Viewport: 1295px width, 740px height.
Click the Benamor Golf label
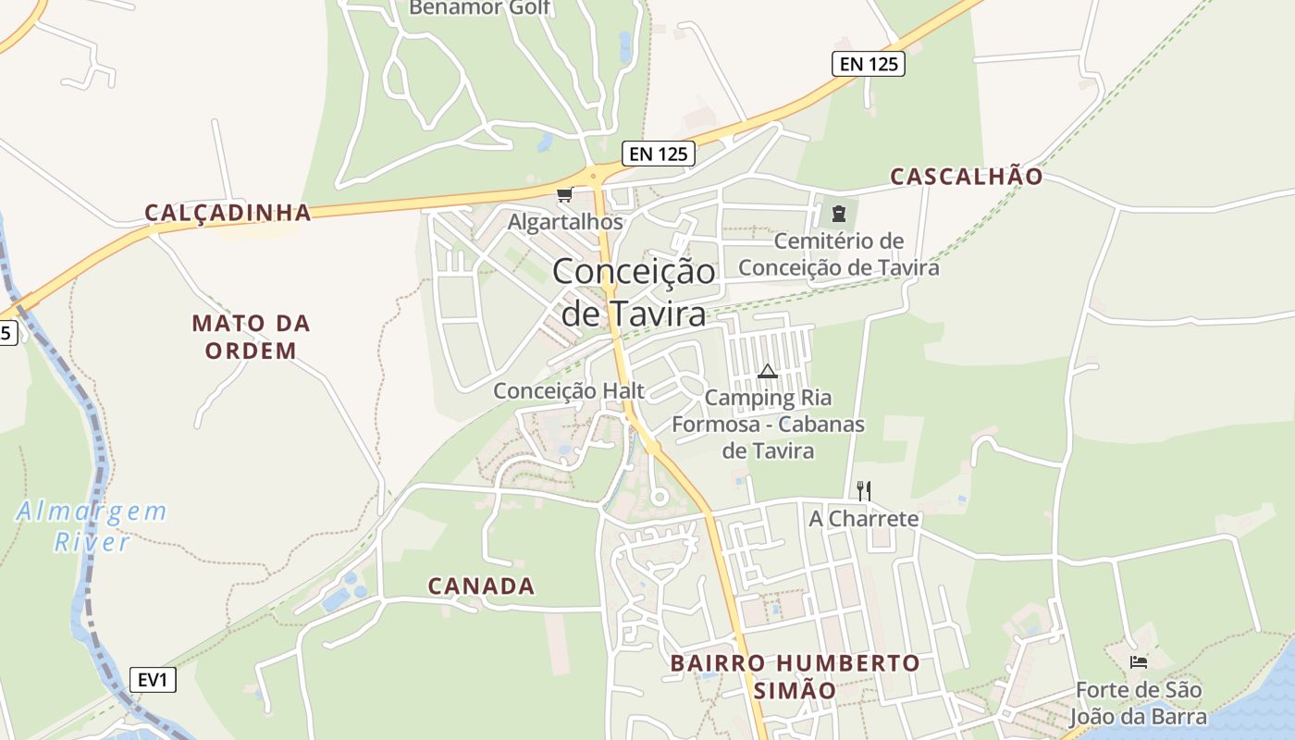coord(480,8)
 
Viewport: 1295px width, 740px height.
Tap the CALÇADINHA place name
coord(228,213)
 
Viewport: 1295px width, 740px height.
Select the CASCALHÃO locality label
coord(967,177)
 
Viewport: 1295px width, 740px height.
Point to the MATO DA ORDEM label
coord(251,337)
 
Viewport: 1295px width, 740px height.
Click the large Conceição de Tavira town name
coord(634,292)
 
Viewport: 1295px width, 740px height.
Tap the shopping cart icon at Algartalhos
coord(564,194)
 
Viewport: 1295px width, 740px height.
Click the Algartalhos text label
coord(565,222)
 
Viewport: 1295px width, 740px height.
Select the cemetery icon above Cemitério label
coord(838,214)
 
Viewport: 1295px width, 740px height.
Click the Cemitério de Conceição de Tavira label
coord(838,254)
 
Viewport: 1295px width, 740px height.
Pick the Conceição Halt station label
coord(569,390)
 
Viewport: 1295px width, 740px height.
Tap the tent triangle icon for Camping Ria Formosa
coord(767,372)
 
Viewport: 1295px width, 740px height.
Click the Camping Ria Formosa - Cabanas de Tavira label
coord(768,424)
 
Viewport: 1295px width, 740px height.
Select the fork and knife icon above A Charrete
coord(864,490)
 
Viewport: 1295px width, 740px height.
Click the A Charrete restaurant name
coord(864,518)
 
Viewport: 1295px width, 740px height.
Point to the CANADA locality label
coord(481,586)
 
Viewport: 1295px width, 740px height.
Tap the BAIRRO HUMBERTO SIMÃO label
coord(795,676)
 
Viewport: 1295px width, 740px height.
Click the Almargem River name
coord(92,525)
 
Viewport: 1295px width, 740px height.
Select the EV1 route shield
coord(152,681)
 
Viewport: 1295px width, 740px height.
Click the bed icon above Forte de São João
coord(1139,662)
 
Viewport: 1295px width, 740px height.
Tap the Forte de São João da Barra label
coord(1139,703)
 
